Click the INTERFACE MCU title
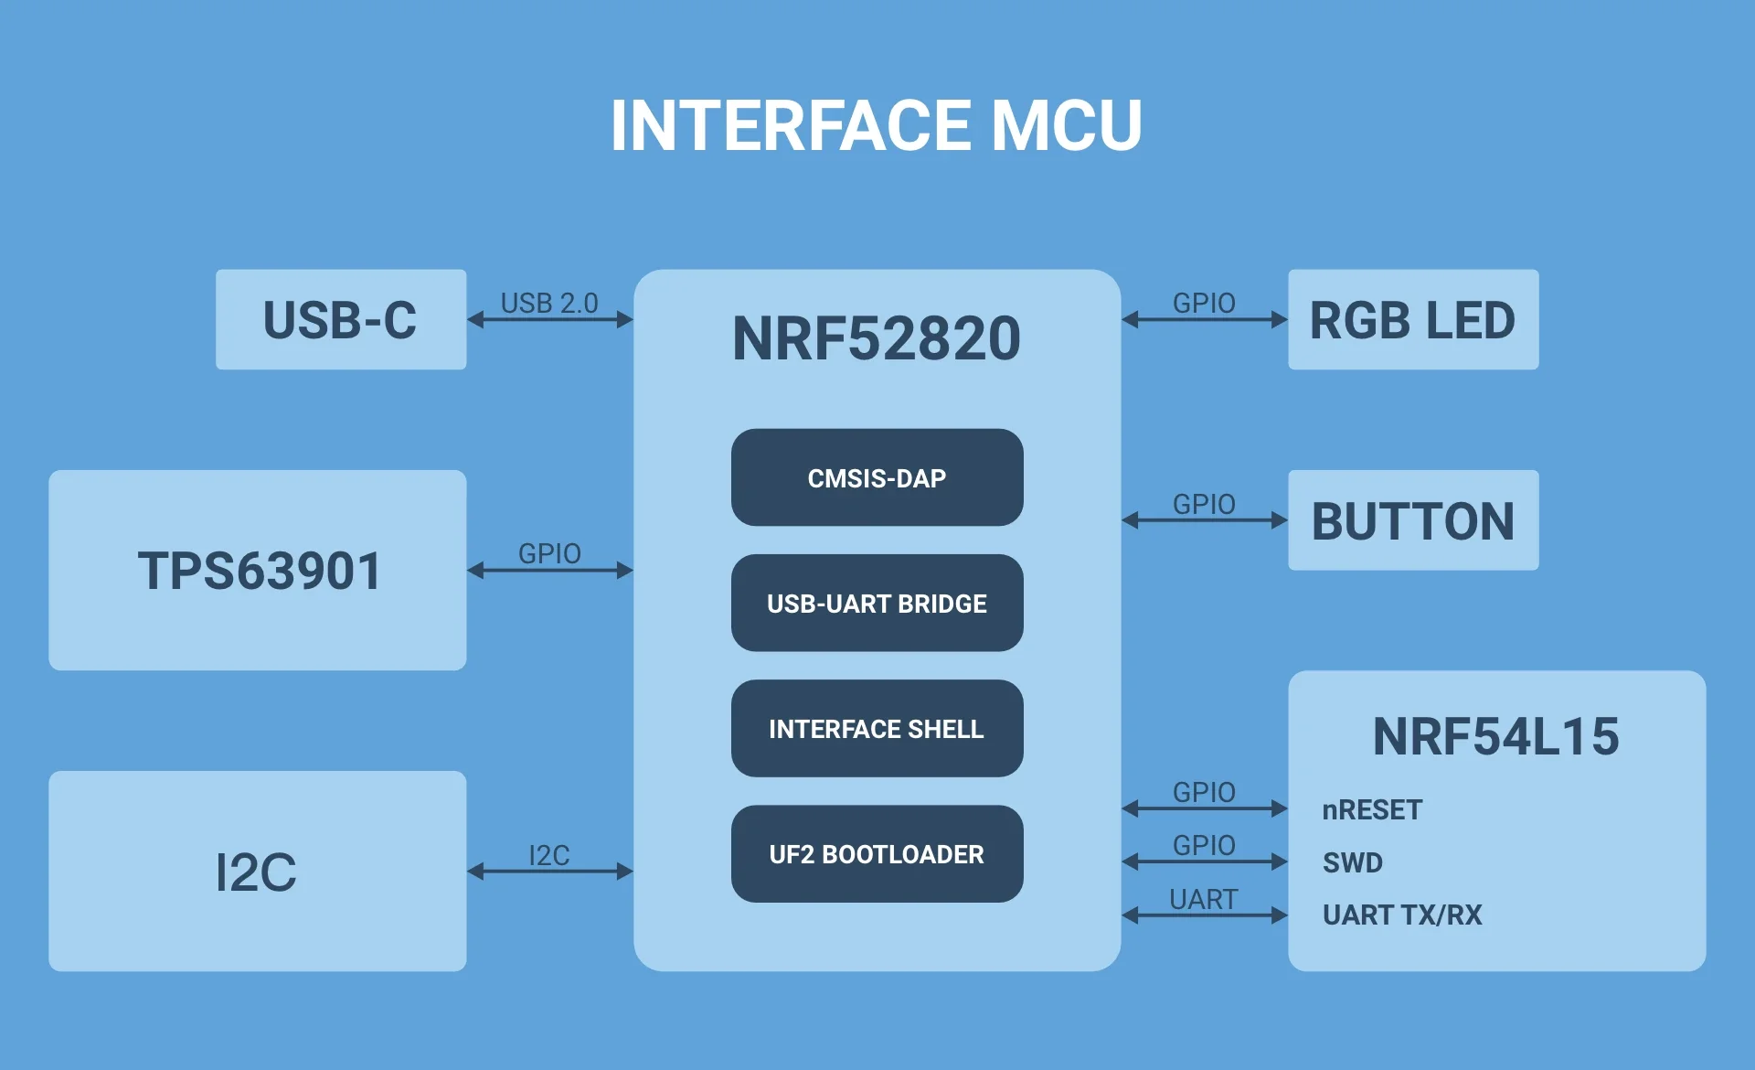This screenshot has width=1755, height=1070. [x=876, y=125]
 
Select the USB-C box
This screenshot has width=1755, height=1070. [x=340, y=320]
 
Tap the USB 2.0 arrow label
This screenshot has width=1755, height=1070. [x=549, y=303]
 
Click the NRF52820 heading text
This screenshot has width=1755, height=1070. [x=876, y=338]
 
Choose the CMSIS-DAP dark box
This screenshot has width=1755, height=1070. [x=877, y=477]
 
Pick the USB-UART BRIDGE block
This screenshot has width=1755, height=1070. [x=877, y=604]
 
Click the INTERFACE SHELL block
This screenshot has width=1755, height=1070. [x=877, y=729]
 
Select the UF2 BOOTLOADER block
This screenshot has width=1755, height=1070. [x=877, y=854]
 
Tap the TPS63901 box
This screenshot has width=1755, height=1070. [x=258, y=571]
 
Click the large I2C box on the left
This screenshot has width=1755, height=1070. [x=258, y=872]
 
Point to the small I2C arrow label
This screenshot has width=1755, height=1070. [x=549, y=855]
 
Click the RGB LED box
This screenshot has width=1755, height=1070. [x=1412, y=320]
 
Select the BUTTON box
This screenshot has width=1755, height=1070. [x=1412, y=520]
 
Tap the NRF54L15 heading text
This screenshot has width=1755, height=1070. [x=1495, y=737]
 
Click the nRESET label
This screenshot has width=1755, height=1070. [x=1372, y=809]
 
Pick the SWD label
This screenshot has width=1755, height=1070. [x=1353, y=862]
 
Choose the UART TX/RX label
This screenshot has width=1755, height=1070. [x=1402, y=915]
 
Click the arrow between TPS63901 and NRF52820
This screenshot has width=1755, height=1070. [x=549, y=571]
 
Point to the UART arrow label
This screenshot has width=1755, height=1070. [x=1203, y=899]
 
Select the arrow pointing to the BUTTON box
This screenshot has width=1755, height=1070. [x=1204, y=520]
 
